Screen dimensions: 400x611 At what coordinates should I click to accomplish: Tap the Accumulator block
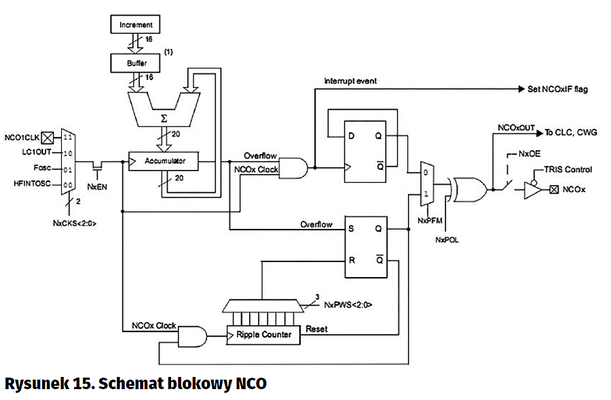click(164, 162)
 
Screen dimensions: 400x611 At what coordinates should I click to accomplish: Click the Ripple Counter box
click(263, 335)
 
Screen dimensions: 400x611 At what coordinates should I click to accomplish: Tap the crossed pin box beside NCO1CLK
click(48, 136)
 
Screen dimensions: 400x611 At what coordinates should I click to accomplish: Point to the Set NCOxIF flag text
click(557, 89)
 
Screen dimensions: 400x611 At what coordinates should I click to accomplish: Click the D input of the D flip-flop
click(351, 134)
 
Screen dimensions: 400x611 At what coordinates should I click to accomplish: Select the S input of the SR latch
click(351, 229)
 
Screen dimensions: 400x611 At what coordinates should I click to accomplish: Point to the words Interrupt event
click(350, 81)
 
